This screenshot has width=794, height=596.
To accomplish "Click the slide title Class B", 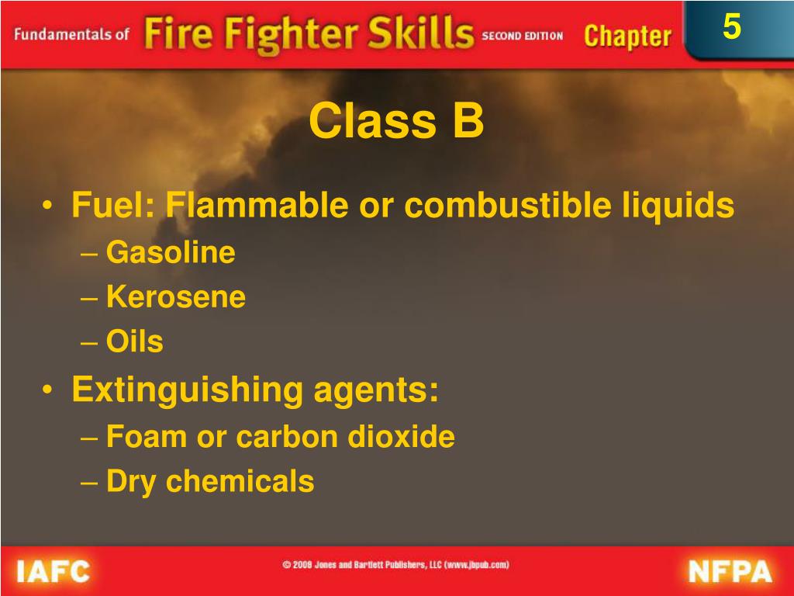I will pyautogui.click(x=396, y=122).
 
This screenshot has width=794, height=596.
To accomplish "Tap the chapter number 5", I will pyautogui.click(x=731, y=28).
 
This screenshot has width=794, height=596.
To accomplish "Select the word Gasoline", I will pyautogui.click(x=171, y=252).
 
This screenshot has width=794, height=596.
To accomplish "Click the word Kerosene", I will pyautogui.click(x=176, y=296).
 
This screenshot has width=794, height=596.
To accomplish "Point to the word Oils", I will pyautogui.click(x=135, y=341).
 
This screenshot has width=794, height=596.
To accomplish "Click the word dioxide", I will pyautogui.click(x=400, y=437).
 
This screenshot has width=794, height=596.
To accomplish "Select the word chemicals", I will pyautogui.click(x=240, y=481).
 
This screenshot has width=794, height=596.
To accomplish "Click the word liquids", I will pyautogui.click(x=678, y=206).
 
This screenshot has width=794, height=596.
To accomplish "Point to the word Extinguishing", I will pyautogui.click(x=187, y=390).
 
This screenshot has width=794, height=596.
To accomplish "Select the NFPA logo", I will pyautogui.click(x=730, y=572).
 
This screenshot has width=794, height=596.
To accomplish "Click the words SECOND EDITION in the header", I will pyautogui.click(x=522, y=36).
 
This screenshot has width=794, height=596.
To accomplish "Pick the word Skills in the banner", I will pyautogui.click(x=422, y=34).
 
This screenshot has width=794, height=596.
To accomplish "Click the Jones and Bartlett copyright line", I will pyautogui.click(x=395, y=565).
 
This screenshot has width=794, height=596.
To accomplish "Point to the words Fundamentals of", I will pyautogui.click(x=71, y=36).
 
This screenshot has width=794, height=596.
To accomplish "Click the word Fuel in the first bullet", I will pyautogui.click(x=112, y=206).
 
